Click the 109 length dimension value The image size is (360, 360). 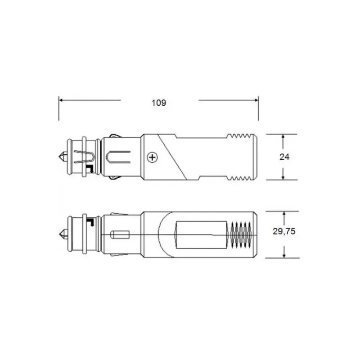[x=159, y=103]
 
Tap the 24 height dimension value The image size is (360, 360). [x=284, y=157]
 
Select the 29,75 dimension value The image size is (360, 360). [x=284, y=231]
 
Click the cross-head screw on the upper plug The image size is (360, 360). [x=152, y=157]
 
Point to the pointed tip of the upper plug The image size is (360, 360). [x=59, y=157]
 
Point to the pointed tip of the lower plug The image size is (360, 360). [x=59, y=234]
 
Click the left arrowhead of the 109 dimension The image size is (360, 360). [x=61, y=100]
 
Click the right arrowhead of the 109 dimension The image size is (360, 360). [x=256, y=100]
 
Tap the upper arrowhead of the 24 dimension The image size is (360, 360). [x=283, y=136]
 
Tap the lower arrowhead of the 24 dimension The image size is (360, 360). [x=283, y=177]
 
